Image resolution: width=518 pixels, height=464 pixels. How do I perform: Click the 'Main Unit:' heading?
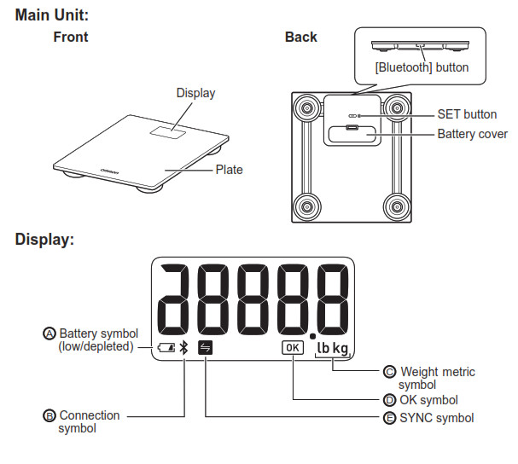52,15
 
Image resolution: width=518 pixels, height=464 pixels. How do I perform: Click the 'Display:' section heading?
44,240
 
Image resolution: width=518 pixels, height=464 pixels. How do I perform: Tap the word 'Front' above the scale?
70,38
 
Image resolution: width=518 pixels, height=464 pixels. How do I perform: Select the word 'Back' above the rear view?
300,38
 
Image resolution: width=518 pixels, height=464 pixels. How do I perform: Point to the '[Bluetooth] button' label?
422,67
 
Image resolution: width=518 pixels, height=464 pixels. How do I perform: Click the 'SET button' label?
467,113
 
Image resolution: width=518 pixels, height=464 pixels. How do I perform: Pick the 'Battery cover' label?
472,134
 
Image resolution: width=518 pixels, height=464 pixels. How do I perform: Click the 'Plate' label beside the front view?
229,170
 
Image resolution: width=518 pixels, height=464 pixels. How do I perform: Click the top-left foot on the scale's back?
304,107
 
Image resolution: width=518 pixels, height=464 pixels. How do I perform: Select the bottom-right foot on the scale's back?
396,205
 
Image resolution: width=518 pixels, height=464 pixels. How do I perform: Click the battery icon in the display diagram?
166,347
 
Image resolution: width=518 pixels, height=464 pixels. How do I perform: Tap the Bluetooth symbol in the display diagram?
182,347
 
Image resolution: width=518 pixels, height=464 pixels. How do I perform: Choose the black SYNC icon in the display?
206,347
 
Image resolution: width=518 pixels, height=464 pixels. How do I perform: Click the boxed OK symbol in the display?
292,347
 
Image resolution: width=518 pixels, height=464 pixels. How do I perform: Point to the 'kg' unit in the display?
341,348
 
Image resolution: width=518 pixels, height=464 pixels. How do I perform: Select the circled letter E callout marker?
390,418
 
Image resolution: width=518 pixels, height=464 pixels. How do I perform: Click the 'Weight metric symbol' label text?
437,378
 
